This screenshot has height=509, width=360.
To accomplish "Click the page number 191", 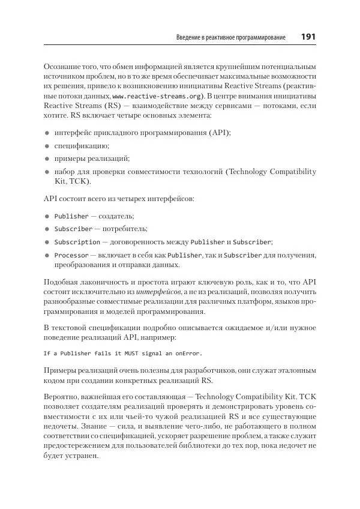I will pyautogui.click(x=308, y=37).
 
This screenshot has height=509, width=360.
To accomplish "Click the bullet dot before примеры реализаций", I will pyautogui.click(x=47, y=159).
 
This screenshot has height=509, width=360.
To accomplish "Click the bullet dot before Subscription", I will pyautogui.click(x=47, y=242).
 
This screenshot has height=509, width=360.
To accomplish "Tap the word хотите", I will pyautogui.click(x=58, y=115).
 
